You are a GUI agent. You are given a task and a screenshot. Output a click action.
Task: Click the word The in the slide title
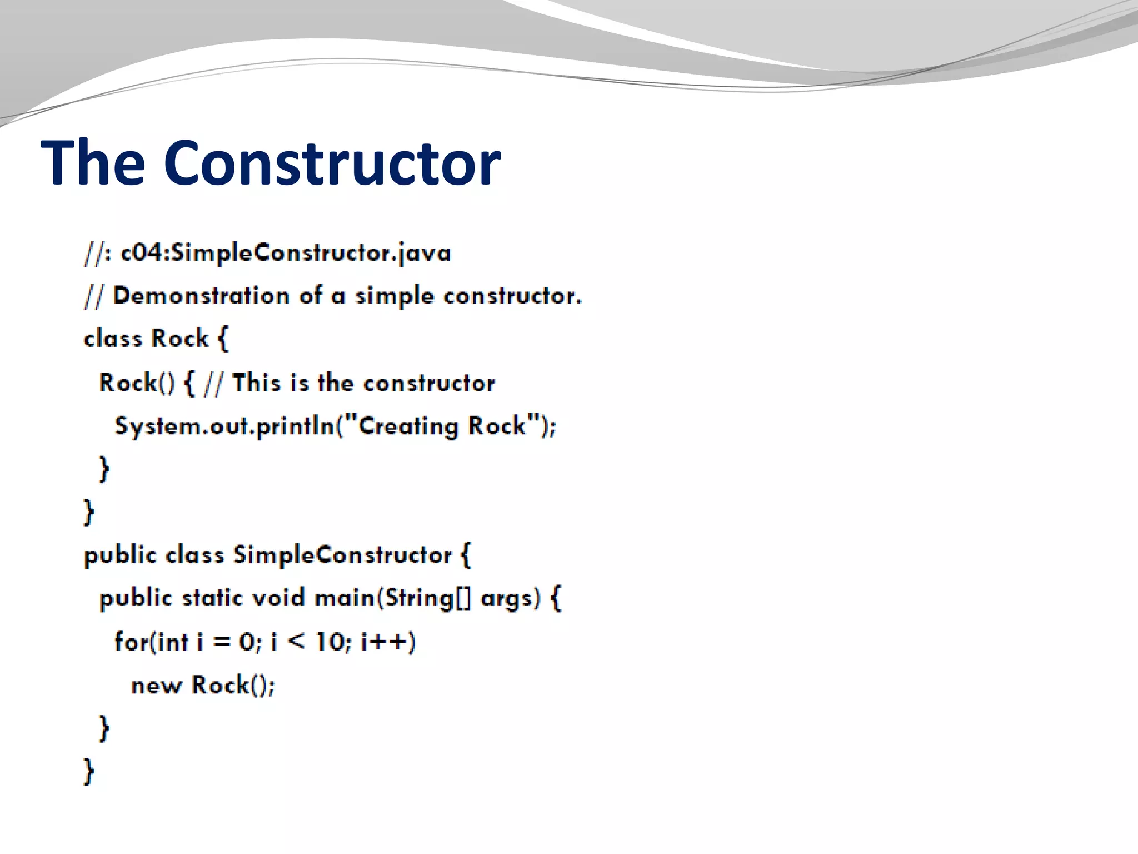93,163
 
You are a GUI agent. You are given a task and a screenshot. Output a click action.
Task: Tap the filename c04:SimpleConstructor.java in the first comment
286,254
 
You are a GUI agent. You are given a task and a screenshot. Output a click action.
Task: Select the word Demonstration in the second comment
201,296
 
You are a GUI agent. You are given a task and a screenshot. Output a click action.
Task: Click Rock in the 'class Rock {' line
179,339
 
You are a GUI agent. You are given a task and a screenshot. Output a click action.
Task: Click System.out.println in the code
223,426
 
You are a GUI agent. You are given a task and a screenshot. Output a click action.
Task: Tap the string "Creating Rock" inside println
442,426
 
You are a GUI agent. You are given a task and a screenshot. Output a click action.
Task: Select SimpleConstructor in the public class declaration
342,555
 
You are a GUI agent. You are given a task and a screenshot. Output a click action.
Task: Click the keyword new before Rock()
156,686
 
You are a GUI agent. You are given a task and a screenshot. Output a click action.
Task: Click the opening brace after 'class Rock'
222,339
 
